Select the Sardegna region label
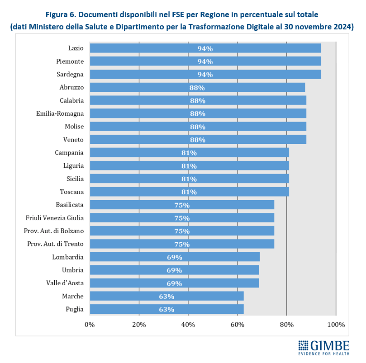pos(71,74)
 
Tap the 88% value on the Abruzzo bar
pos(197,87)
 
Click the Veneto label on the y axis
pos(73,140)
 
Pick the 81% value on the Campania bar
pos(189,153)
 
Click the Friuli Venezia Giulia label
pos(55,218)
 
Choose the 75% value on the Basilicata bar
pos(182,205)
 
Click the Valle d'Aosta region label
pos(65,283)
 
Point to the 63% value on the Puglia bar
pos(167,309)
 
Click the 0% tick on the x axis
pos(90,325)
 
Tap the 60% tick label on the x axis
pos(237,325)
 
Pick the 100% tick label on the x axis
pos(336,325)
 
